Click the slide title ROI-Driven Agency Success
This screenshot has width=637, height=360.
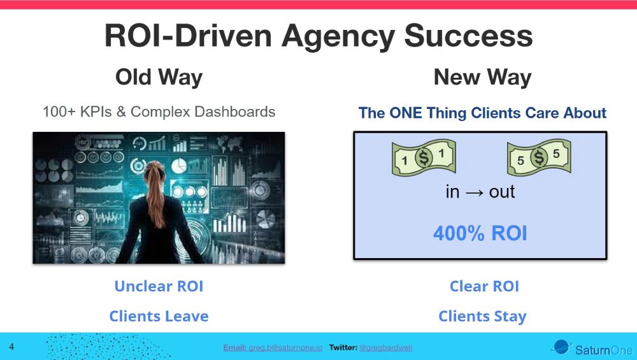coord(318,36)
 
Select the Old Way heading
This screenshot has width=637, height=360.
coord(159,78)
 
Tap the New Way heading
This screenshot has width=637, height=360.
coord(482,78)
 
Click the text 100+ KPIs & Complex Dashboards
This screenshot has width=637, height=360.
coord(159,112)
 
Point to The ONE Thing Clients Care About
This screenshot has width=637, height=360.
coord(482,113)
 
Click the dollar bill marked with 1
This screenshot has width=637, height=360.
coord(423,158)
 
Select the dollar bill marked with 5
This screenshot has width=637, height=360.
coord(538,158)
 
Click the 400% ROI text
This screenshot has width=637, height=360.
coord(480,233)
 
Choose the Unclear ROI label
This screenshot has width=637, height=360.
coord(159,286)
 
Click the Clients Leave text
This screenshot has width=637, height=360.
coord(159,316)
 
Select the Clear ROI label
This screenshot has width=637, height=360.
coord(484,286)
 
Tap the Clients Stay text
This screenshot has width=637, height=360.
coord(482,316)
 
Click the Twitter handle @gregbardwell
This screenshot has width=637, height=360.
coord(385,348)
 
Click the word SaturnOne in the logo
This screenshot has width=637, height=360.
coord(603,350)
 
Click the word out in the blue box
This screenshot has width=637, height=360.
coord(502,192)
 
